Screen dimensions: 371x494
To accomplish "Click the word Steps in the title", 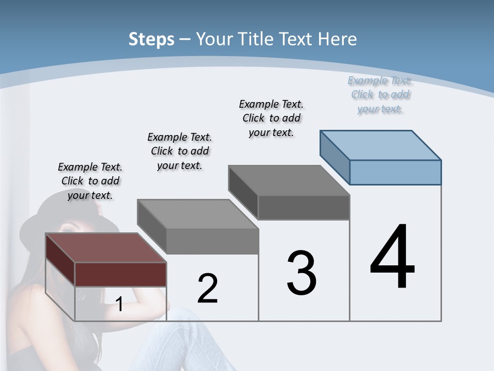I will [x=151, y=39].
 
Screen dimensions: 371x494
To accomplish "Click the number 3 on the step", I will [x=302, y=273].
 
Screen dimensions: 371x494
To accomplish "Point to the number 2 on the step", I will [x=207, y=288].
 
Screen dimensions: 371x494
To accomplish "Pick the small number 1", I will [x=119, y=304].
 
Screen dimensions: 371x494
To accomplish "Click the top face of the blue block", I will [x=381, y=145].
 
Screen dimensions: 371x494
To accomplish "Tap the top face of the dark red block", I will [x=105, y=248].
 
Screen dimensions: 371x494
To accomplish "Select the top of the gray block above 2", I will [x=198, y=214].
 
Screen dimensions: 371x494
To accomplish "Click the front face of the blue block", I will [x=395, y=172].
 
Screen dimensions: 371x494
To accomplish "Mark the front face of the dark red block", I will [x=120, y=274].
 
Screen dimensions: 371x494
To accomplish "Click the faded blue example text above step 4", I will [x=380, y=95].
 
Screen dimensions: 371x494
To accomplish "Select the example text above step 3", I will [x=271, y=118].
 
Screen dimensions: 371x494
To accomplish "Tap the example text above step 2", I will [x=180, y=151].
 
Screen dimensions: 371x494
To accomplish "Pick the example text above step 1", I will [x=90, y=181].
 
